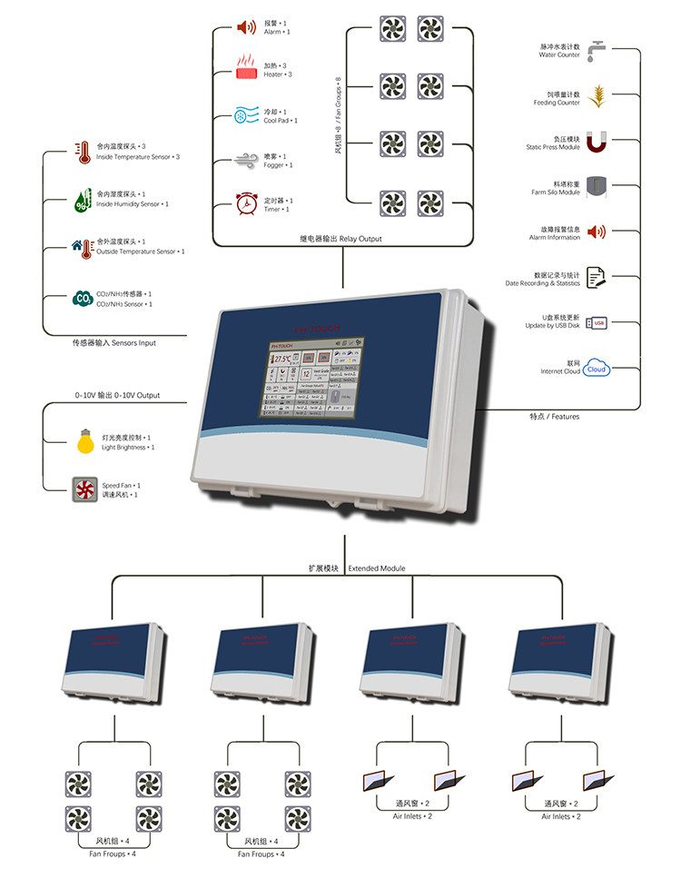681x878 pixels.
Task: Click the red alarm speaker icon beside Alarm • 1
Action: point(246,27)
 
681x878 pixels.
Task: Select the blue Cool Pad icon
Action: point(247,115)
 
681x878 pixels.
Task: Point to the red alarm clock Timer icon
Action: point(247,204)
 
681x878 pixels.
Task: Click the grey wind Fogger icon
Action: point(247,161)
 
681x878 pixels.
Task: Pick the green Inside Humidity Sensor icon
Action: point(82,200)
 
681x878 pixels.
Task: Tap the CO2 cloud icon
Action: point(82,299)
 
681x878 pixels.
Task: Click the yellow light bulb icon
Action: point(85,443)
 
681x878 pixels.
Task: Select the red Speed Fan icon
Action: point(85,490)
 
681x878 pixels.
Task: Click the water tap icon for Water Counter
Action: point(597,49)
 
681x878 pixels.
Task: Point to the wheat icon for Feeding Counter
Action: point(597,95)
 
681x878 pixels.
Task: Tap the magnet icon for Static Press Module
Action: point(597,142)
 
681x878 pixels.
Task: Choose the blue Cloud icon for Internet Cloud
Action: point(597,369)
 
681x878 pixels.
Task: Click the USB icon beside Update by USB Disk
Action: point(597,322)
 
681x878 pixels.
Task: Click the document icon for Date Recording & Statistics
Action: point(597,277)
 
